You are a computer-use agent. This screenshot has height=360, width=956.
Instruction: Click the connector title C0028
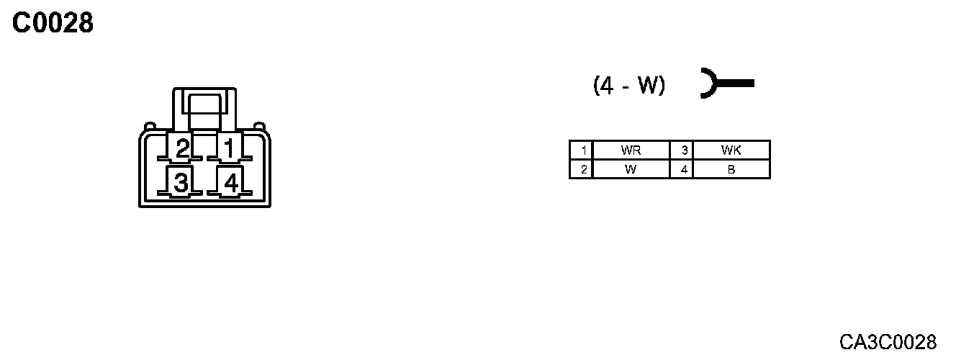53,24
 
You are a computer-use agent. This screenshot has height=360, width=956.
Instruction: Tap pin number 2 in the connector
183,149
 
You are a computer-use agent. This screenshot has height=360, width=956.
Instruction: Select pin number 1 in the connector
229,149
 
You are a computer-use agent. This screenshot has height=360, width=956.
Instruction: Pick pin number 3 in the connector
181,183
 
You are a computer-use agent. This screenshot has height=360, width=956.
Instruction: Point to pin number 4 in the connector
230,183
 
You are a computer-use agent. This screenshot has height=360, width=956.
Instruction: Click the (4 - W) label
629,86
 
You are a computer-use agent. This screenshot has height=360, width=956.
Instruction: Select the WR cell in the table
631,150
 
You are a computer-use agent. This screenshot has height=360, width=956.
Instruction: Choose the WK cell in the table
731,150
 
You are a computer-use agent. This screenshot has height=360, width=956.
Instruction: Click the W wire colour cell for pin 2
631,170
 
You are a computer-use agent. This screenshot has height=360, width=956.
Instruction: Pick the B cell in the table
731,170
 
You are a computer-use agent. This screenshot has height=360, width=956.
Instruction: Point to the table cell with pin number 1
581,150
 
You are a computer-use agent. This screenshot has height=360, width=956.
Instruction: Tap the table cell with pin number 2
581,170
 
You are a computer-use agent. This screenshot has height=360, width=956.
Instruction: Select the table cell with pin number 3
682,150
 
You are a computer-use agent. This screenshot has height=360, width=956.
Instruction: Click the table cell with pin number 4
682,170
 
